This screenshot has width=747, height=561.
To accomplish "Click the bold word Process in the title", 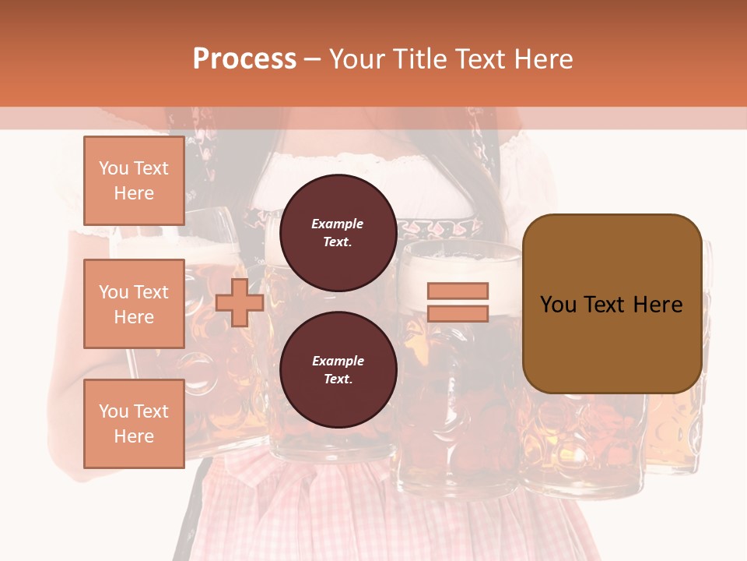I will pyautogui.click(x=244, y=58).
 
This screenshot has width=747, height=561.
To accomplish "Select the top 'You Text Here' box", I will pyautogui.click(x=134, y=181).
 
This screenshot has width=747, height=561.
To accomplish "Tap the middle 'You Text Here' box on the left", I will pyautogui.click(x=134, y=304).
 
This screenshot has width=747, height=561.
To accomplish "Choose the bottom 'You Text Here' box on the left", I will pyautogui.click(x=134, y=423).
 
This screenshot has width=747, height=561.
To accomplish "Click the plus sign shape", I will pyautogui.click(x=240, y=302).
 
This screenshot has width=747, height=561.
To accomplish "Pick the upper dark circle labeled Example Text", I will pyautogui.click(x=338, y=232).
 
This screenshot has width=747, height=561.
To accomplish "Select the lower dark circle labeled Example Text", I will pyautogui.click(x=338, y=369).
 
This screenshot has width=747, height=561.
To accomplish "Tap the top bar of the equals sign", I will pyautogui.click(x=458, y=291).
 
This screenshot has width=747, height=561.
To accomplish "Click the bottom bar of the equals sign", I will pyautogui.click(x=458, y=313).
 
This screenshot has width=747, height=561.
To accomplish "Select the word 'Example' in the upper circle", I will pyautogui.click(x=338, y=224).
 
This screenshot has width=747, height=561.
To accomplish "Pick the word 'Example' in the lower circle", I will pyautogui.click(x=338, y=361).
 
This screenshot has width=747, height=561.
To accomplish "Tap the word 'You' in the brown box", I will pyautogui.click(x=557, y=304).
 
